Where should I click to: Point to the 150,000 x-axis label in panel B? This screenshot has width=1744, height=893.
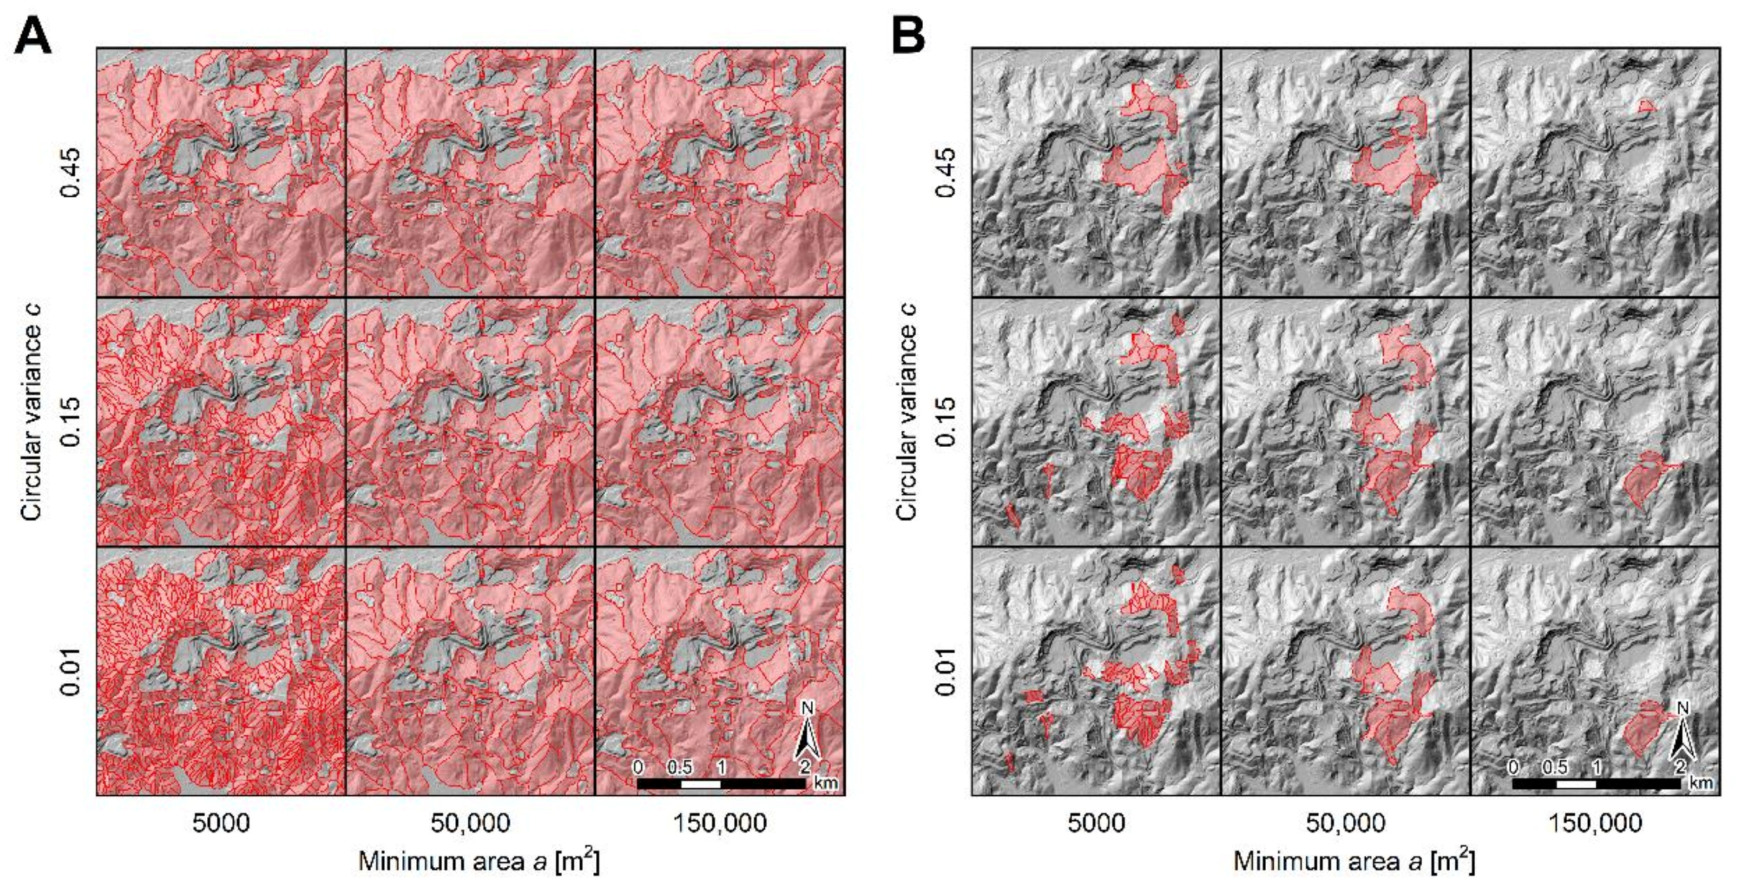[1595, 823]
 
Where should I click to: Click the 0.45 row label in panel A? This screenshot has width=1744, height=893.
[70, 172]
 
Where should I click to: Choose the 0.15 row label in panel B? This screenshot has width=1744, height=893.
[946, 422]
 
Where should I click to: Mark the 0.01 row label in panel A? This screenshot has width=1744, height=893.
[70, 671]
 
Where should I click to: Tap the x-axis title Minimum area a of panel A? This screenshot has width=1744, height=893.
[478, 862]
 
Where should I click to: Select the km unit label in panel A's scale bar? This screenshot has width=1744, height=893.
[826, 783]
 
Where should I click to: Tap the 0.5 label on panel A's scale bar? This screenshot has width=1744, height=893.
[679, 767]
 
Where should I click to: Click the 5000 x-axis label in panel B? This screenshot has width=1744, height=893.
[1096, 823]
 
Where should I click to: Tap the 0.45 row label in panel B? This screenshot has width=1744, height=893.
[946, 172]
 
